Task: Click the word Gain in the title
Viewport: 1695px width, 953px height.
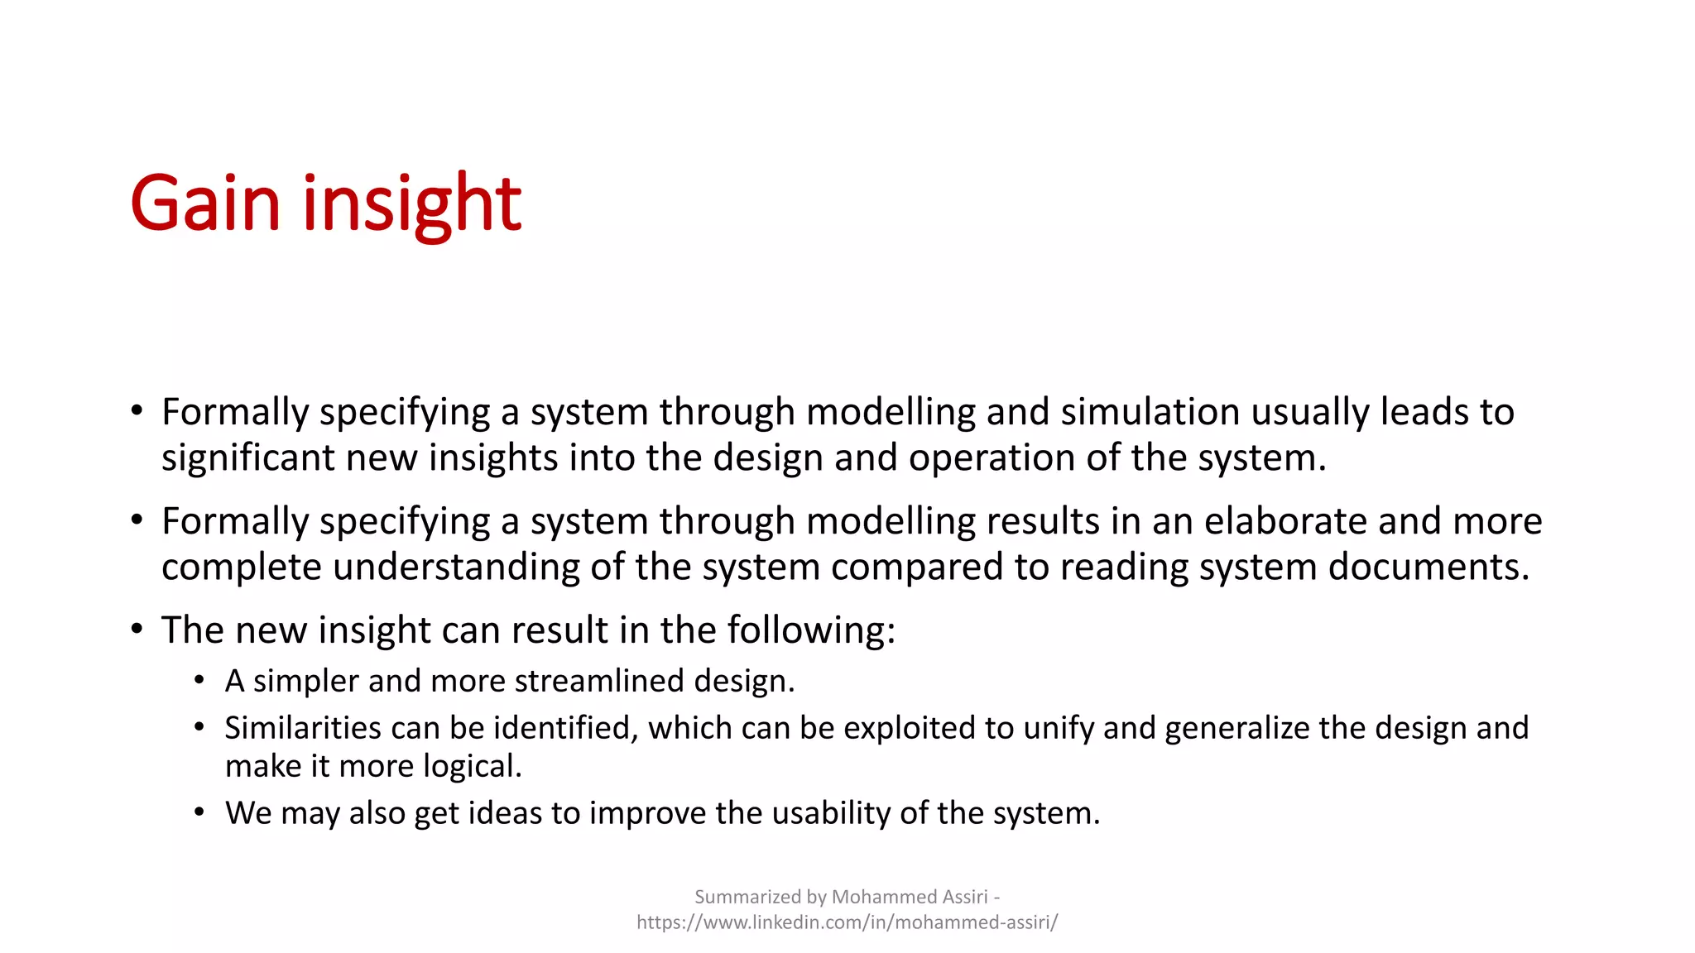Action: (205, 204)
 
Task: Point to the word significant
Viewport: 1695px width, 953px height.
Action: (247, 458)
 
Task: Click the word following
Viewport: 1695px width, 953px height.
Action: (811, 630)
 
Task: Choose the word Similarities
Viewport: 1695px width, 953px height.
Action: (302, 728)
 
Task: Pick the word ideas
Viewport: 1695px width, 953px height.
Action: (505, 813)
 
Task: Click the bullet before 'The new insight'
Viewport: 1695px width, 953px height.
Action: (137, 629)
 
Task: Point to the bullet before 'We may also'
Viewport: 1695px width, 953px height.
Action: (199, 812)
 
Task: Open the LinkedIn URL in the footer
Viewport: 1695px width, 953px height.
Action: (847, 922)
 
